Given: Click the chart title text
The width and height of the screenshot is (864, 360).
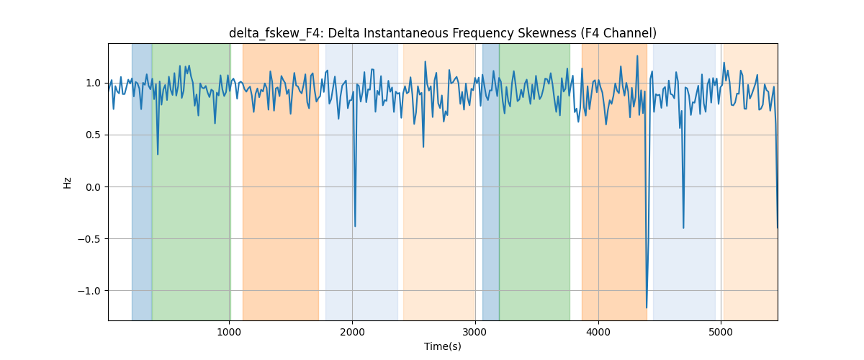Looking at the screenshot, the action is tap(442, 33).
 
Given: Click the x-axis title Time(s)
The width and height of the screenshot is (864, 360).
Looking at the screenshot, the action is tap(442, 346).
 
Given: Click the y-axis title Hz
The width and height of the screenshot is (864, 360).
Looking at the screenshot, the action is tap(67, 182).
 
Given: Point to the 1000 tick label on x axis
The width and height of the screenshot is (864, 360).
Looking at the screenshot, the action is tap(229, 332).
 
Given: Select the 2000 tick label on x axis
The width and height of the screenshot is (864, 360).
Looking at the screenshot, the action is tap(352, 332).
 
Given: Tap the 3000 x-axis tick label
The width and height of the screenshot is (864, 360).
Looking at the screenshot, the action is tap(475, 332).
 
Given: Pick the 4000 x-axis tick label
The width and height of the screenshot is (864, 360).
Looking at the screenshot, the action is tap(598, 332).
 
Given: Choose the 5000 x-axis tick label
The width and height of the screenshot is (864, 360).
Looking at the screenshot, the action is tap(721, 332).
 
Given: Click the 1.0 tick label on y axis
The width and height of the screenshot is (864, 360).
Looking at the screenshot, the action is tap(93, 83).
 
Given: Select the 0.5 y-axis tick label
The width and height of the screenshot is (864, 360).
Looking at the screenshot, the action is tap(93, 135).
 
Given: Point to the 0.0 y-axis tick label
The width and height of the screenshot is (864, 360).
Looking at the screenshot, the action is tap(93, 187).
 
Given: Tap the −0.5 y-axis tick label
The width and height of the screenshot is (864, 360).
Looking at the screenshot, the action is tap(89, 239).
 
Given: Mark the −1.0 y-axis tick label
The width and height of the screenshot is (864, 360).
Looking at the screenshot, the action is tap(89, 291).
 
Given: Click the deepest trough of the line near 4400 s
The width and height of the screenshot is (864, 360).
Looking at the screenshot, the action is tap(647, 307).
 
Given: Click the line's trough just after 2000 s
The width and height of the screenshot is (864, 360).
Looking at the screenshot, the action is tap(355, 226).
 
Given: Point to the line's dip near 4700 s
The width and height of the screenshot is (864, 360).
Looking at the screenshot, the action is tap(683, 228).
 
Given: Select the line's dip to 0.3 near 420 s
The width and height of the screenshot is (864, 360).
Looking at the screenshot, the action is tap(158, 154).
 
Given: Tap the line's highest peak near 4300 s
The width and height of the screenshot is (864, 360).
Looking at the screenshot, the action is tap(636, 56).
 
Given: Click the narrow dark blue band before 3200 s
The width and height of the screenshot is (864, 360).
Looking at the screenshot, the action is tap(490, 181).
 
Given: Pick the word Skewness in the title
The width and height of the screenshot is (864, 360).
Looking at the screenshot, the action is tap(547, 33).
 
